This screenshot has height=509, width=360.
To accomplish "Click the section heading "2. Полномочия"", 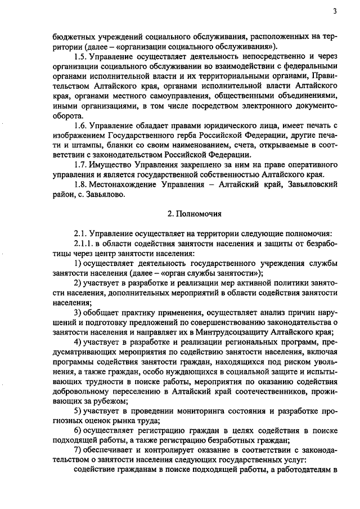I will click(194, 214).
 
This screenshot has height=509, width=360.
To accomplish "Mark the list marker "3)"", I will click(78, 313).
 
